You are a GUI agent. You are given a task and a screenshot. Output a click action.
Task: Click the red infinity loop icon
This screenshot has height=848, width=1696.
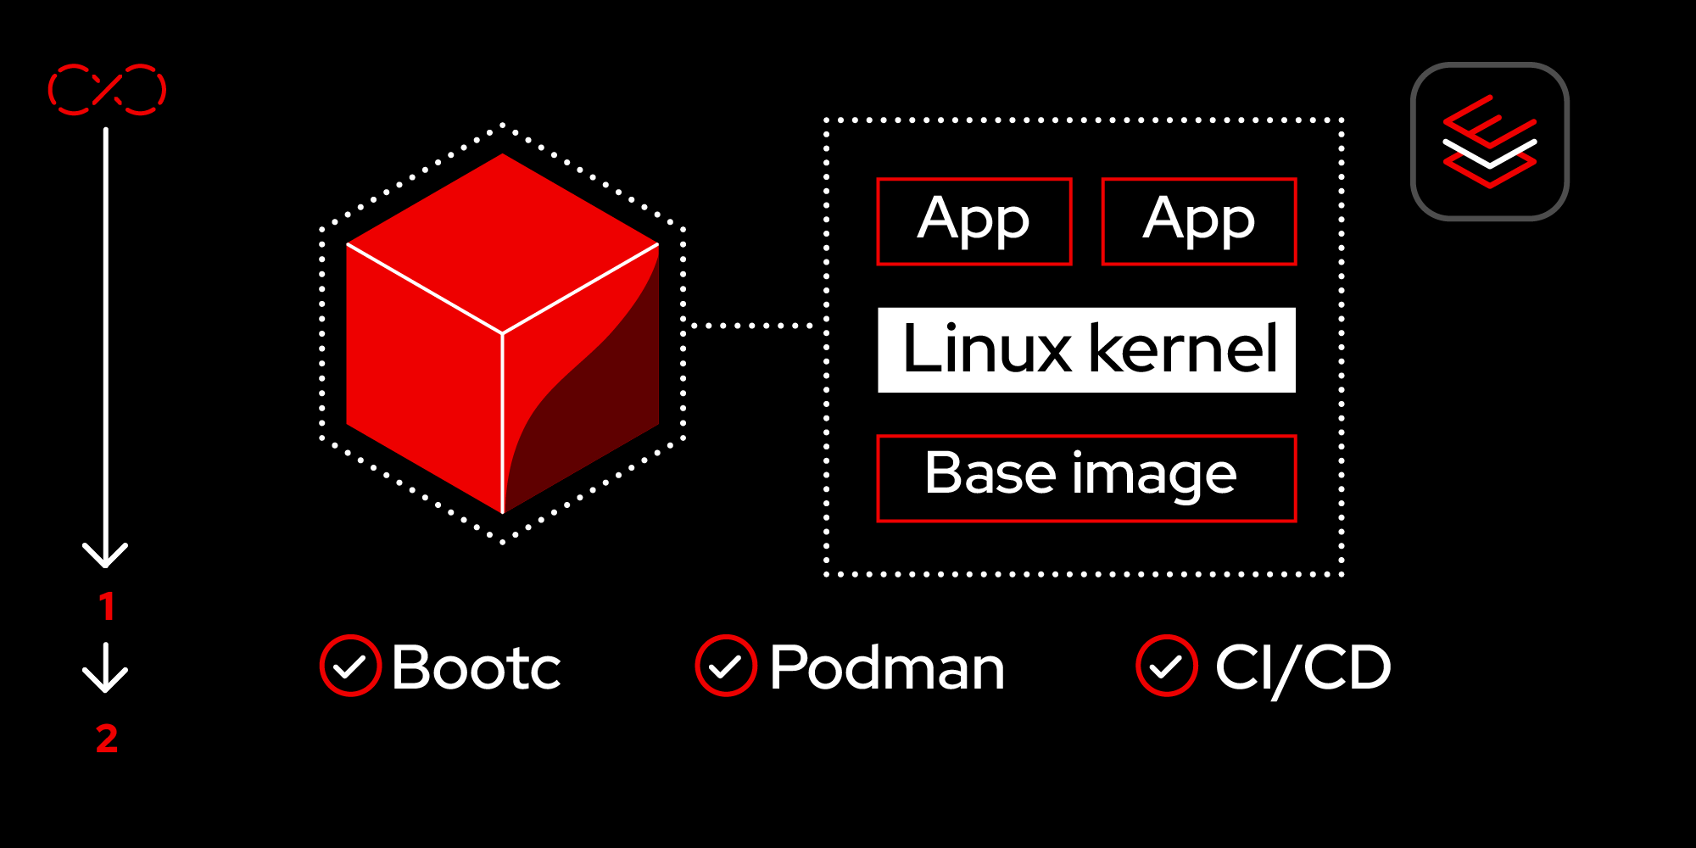tap(107, 89)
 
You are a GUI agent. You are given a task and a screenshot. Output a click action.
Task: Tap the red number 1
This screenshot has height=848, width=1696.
tap(107, 606)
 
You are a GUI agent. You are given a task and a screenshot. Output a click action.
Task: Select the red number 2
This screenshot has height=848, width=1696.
tap(107, 739)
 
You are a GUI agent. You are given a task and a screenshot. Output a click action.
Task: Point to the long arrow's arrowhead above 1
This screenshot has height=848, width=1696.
tap(105, 555)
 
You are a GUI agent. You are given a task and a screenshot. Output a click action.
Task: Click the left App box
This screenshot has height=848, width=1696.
tap(974, 221)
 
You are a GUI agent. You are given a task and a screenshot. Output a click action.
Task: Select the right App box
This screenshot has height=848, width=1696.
tap(1199, 221)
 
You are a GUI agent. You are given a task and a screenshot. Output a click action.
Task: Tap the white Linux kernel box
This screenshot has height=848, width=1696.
tap(1086, 349)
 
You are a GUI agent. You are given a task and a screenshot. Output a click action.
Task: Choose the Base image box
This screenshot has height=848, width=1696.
tap(1086, 478)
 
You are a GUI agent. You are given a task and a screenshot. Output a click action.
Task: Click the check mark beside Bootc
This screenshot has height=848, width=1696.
tap(350, 666)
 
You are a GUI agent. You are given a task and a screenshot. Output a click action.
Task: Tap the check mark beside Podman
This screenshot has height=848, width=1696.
tap(726, 666)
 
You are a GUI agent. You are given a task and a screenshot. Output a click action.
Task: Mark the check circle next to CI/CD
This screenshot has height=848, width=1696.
tap(1167, 666)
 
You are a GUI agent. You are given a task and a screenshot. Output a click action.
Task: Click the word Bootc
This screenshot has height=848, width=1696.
tap(476, 667)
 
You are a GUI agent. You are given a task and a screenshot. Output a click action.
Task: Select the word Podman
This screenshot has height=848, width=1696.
tap(887, 667)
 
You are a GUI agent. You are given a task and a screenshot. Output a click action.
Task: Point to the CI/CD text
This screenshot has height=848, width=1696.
tap(1303, 667)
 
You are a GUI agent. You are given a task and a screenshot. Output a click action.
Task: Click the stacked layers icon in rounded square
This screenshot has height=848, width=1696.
tap(1490, 142)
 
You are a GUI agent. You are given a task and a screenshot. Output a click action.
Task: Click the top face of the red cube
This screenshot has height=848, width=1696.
tap(503, 242)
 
